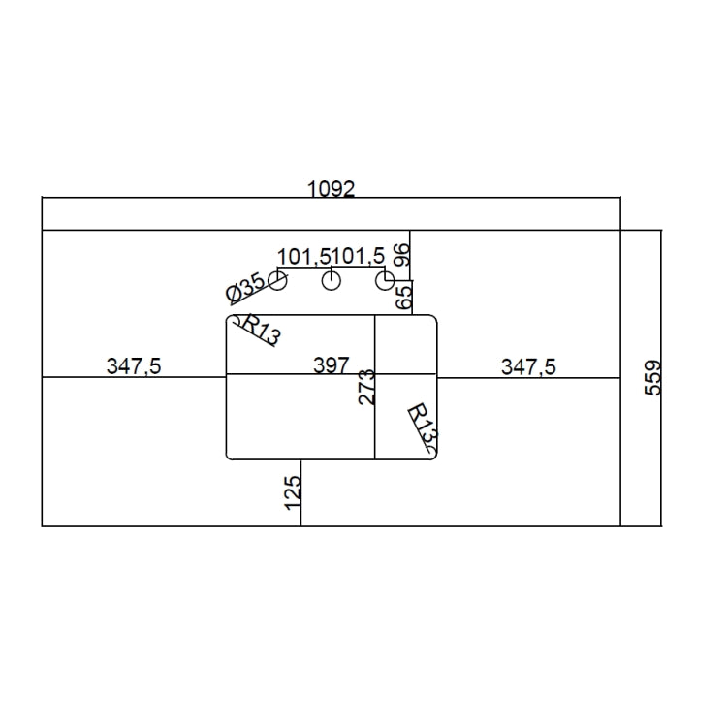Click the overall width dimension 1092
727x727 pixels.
[332, 189]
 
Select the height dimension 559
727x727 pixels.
[652, 378]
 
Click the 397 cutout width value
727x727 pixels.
[331, 365]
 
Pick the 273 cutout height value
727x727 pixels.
[365, 387]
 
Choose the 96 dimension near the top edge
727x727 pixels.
[403, 256]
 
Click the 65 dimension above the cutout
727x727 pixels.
[403, 295]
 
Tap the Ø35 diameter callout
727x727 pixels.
[244, 288]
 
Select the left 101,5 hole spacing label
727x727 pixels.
[304, 256]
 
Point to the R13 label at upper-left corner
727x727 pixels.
[259, 331]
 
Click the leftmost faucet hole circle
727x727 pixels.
[277, 281]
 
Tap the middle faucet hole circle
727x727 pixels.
[332, 281]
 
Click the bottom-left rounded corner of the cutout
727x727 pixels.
[230, 455]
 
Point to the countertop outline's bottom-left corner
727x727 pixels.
[43, 526]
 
